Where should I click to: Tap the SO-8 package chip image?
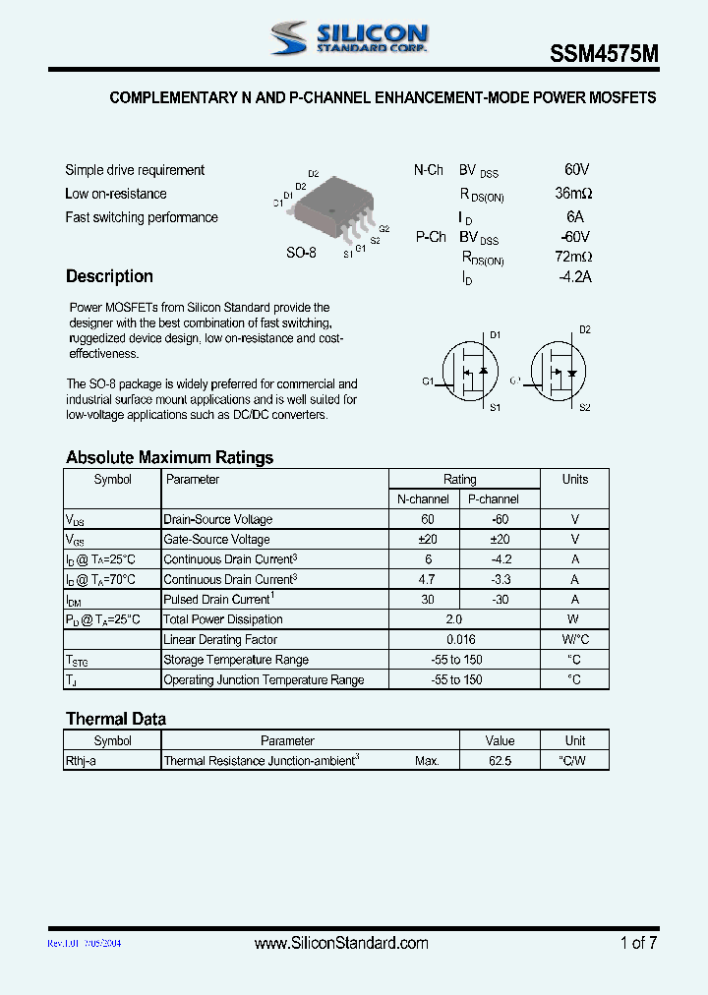click(328, 208)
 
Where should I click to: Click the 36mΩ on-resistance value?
click(573, 194)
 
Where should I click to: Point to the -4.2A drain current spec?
click(574, 277)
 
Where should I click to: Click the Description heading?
click(109, 276)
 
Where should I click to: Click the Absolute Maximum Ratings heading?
click(169, 457)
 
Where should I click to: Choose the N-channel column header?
click(423, 499)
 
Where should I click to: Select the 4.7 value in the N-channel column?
click(427, 579)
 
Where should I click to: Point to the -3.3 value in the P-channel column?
click(501, 579)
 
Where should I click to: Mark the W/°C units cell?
click(574, 640)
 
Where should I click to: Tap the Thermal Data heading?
click(115, 719)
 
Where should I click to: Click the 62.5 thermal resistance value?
click(500, 761)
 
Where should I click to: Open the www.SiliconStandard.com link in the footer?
click(341, 943)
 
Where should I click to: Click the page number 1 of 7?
click(638, 943)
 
